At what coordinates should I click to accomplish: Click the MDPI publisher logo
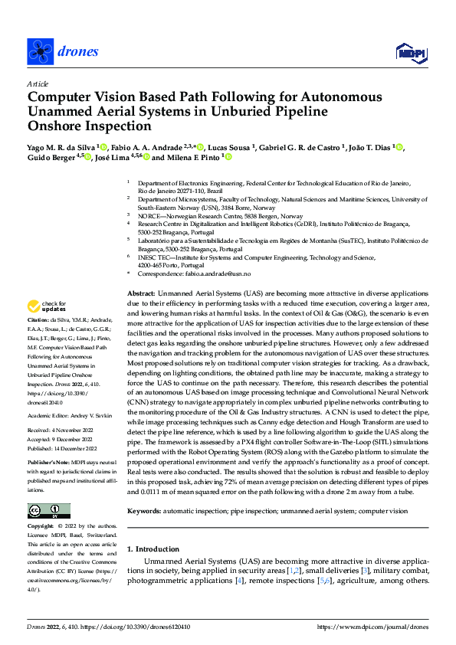(410, 51)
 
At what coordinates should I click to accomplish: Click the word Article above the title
(38, 83)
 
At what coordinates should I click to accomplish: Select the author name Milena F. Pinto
(191, 157)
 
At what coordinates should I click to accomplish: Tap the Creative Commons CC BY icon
(48, 511)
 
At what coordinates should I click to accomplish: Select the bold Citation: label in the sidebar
(39, 319)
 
